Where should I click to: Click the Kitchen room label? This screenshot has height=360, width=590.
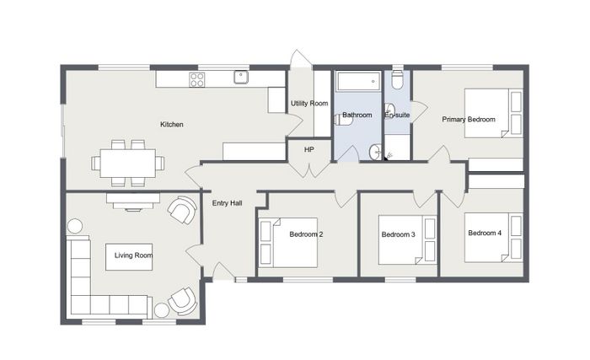coord(172,124)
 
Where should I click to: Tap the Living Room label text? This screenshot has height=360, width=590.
coord(133,255)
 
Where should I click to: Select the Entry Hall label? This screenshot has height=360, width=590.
coord(227,203)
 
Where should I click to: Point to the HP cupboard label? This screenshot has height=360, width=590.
coord(309,149)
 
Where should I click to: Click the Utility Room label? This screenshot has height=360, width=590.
coord(309,103)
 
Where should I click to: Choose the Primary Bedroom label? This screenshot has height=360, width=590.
coord(469,120)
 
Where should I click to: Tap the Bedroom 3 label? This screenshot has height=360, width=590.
coord(398,234)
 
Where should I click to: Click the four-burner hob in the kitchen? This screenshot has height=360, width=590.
coord(196,79)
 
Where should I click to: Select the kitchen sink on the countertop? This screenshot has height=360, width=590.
coord(241,78)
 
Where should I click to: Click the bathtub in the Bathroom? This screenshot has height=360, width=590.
coord(357,81)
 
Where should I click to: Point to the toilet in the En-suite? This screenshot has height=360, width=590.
coord(397,79)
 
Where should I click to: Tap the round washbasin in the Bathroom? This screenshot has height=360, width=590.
coord(375,152)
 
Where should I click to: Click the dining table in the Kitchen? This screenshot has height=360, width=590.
coord(127,163)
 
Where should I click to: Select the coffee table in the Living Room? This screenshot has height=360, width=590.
coord(129,257)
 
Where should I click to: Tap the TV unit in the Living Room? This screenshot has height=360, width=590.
coord(133,201)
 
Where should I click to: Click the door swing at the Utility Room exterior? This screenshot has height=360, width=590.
coord(301,59)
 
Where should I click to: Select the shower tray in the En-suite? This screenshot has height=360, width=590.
coord(397,148)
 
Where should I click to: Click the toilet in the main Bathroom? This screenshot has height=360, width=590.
coord(343,120)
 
